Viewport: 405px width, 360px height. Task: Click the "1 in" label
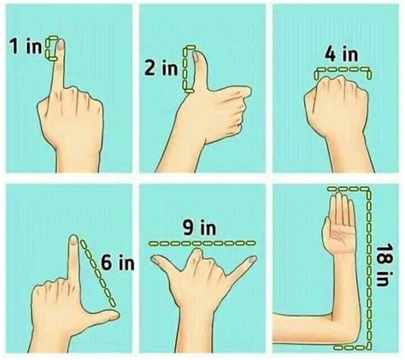point(26,49)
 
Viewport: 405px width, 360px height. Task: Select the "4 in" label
point(340,54)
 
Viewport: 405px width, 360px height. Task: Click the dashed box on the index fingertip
point(57,49)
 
